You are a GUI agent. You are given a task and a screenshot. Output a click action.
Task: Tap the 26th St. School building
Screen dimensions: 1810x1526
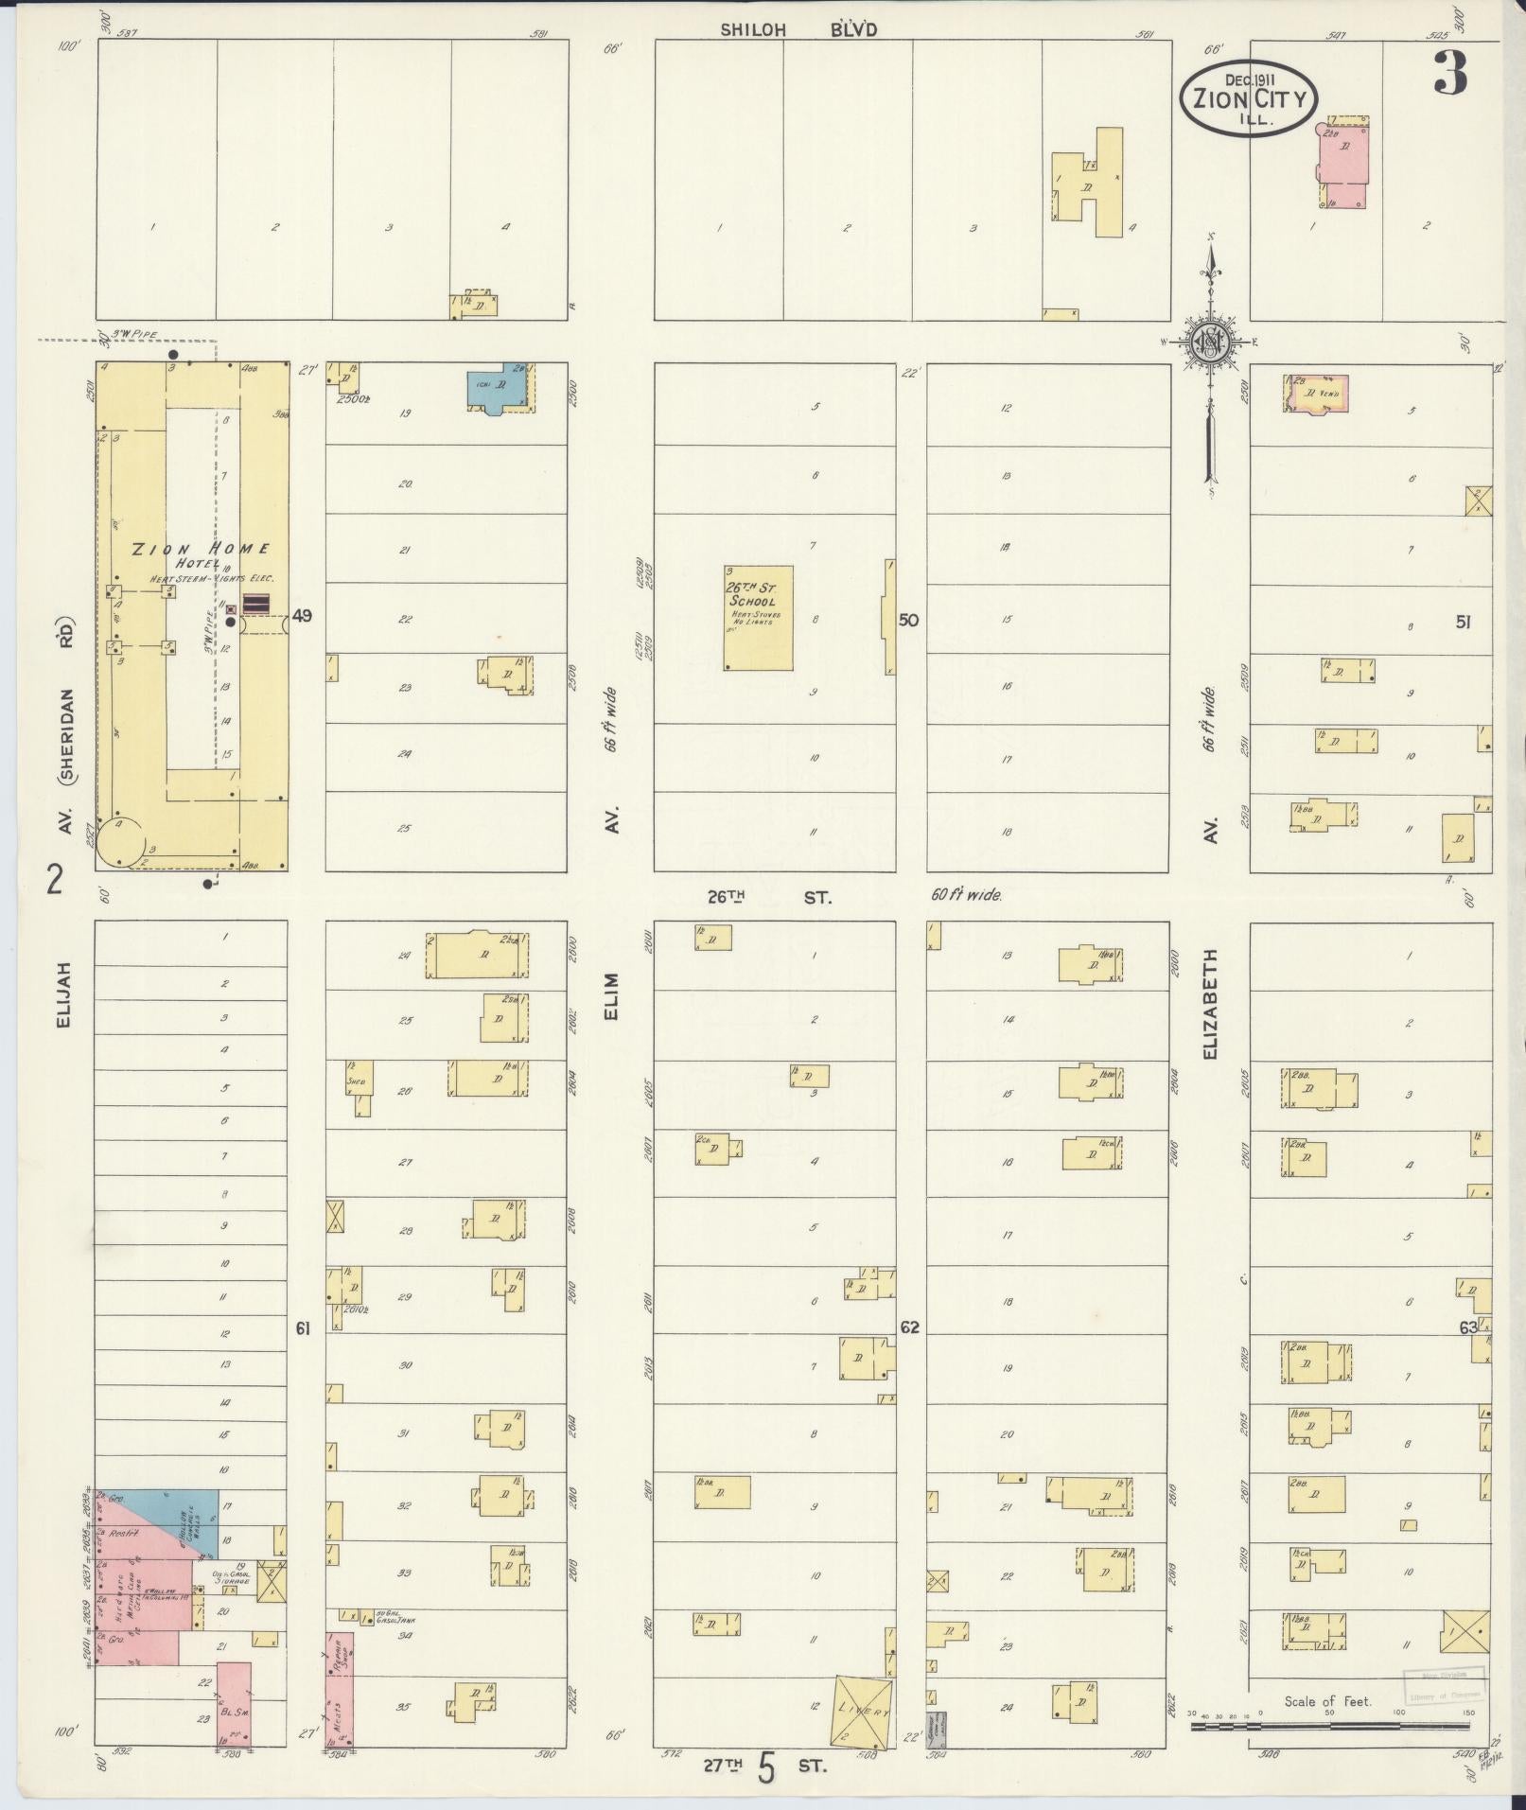758,618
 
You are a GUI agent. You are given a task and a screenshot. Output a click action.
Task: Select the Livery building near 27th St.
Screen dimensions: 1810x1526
862,1711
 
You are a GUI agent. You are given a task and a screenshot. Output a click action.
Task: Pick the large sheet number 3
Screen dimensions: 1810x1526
1450,72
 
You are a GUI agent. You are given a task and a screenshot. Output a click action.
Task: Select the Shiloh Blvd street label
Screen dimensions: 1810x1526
798,29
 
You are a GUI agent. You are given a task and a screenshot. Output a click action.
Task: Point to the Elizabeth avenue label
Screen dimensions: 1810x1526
1212,1004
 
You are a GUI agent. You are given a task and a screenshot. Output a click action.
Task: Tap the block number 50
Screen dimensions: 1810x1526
908,621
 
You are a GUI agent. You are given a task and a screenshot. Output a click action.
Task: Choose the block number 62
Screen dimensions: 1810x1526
909,1327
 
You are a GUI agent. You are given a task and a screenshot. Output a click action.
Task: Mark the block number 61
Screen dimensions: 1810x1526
303,1328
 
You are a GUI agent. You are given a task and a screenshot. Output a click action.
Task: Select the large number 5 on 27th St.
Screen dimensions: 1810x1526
766,1768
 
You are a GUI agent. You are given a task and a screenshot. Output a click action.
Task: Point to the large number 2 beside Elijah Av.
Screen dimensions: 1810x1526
55,882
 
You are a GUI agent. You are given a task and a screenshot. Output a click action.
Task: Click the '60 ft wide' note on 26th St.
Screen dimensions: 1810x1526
965,894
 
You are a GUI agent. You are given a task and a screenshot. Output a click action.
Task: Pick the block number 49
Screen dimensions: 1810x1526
302,616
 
